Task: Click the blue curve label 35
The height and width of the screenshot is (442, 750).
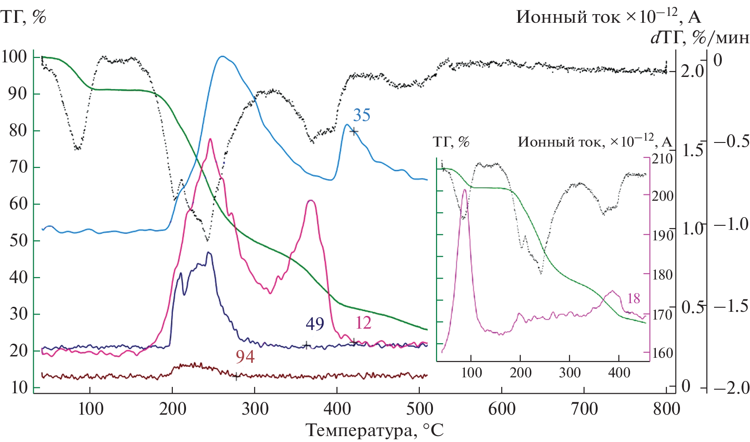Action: tap(362, 115)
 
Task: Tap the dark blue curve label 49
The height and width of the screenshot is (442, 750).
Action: tap(315, 324)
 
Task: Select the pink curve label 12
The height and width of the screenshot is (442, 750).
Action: tap(363, 323)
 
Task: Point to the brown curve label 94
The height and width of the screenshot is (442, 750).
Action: tap(245, 357)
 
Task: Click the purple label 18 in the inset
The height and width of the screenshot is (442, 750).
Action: tap(634, 299)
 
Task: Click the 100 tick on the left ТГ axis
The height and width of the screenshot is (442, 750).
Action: tap(14, 57)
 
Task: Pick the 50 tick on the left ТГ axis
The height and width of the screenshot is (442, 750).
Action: tap(18, 240)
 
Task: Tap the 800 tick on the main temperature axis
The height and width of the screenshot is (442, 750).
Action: tap(666, 408)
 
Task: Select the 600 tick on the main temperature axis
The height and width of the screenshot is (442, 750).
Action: tap(502, 408)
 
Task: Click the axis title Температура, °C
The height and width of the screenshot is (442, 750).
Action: tap(374, 430)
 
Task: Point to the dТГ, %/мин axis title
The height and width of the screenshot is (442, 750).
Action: tap(700, 37)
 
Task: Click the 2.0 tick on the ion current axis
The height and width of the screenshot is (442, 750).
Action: tap(691, 71)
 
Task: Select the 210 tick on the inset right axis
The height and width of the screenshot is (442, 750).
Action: tap(662, 159)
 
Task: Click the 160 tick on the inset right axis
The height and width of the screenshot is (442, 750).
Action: tap(662, 353)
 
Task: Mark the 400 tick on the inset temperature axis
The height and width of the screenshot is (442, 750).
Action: tap(619, 373)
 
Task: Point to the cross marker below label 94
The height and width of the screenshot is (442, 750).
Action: tap(236, 376)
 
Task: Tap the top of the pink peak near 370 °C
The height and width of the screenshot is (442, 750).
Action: tap(310, 200)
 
